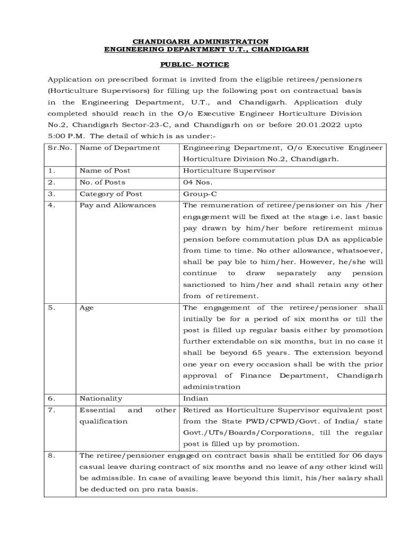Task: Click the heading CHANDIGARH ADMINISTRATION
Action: pyautogui.click(x=200, y=41)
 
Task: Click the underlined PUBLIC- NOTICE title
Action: pyautogui.click(x=195, y=64)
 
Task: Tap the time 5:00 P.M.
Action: pyautogui.click(x=63, y=136)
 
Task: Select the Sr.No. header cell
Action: pyautogui.click(x=60, y=148)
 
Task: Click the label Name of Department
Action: pyautogui.click(x=120, y=148)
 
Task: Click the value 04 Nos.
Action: pyautogui.click(x=198, y=182)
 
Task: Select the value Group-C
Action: pyautogui.click(x=200, y=194)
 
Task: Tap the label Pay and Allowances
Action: pyautogui.click(x=118, y=205)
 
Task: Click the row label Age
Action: pyautogui.click(x=86, y=307)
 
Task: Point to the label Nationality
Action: pyautogui.click(x=101, y=398)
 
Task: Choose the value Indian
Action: pyautogui.click(x=196, y=398)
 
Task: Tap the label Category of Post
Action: pyautogui.click(x=111, y=194)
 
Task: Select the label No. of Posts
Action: pyautogui.click(x=102, y=182)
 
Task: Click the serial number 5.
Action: pyautogui.click(x=51, y=307)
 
